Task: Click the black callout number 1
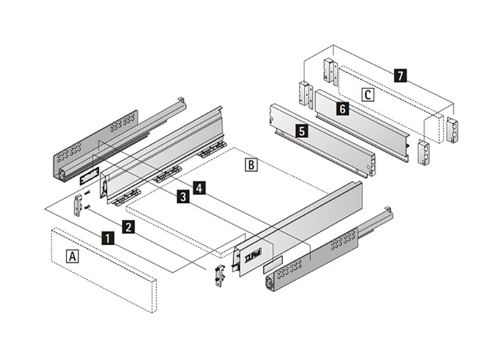click(107, 238)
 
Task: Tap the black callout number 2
click(128, 226)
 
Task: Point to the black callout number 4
click(200, 187)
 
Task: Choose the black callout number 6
click(341, 109)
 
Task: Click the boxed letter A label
click(72, 256)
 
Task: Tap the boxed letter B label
click(252, 164)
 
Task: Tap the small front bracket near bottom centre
click(219, 274)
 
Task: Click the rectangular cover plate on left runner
click(88, 175)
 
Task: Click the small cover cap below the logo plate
click(272, 265)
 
